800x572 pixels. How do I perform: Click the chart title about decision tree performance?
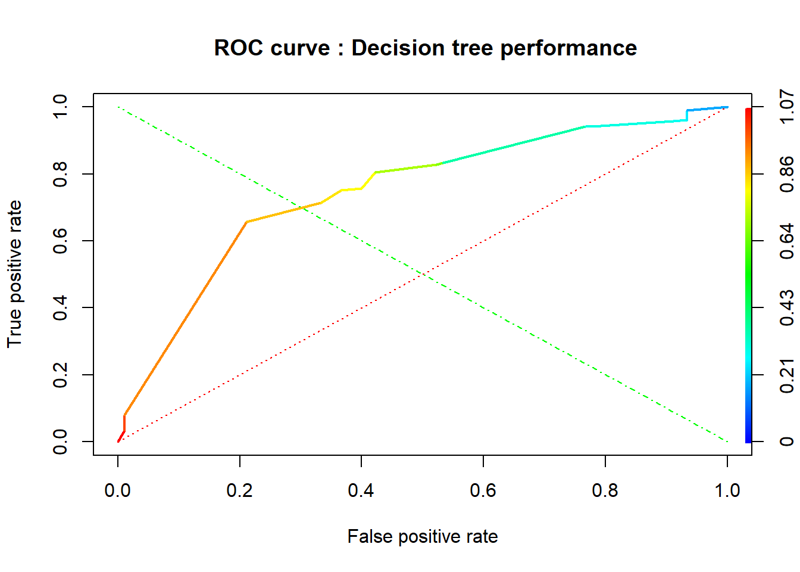(x=425, y=48)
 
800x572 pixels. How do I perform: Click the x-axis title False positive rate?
(x=422, y=536)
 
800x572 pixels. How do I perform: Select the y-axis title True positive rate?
(x=14, y=274)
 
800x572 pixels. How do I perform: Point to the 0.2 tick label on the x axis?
(x=239, y=490)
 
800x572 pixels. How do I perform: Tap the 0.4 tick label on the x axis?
(x=361, y=490)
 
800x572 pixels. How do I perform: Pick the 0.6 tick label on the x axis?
(x=483, y=490)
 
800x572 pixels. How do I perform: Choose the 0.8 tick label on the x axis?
(x=605, y=490)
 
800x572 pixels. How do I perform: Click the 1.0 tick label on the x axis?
(x=727, y=490)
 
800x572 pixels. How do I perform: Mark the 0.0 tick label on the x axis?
(x=118, y=490)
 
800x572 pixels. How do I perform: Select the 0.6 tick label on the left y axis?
(x=60, y=241)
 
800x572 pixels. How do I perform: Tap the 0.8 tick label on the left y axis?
(x=60, y=174)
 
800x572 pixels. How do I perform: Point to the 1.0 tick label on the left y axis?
(x=60, y=107)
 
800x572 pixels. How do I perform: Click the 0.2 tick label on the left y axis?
(x=60, y=375)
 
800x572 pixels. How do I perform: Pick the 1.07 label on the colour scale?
(x=786, y=107)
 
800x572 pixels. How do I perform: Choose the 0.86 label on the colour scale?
(x=786, y=174)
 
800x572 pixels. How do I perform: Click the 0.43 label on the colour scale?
(x=786, y=307)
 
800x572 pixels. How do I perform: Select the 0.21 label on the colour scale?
(x=786, y=375)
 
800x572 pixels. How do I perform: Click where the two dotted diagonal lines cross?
(x=423, y=274)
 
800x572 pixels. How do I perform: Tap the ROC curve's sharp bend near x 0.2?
(x=246, y=222)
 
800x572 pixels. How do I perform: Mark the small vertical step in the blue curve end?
(x=687, y=116)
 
